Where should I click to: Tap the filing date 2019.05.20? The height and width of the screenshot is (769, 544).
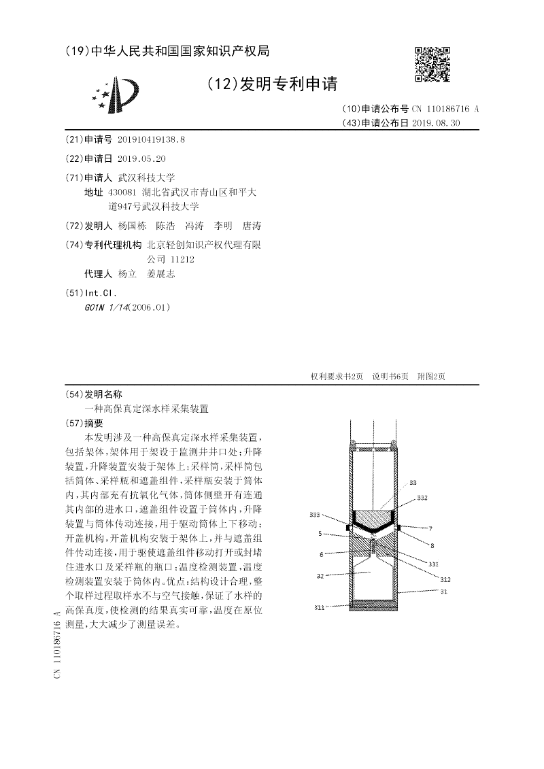click(x=141, y=158)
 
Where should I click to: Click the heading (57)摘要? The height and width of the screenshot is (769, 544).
click(x=88, y=422)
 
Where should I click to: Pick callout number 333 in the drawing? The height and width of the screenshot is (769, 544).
click(x=314, y=515)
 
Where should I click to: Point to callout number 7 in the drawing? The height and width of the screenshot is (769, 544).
click(x=430, y=528)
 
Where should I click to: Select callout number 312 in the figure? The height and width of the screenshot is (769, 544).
click(x=445, y=579)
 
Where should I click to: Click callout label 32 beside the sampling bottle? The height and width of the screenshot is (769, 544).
click(x=319, y=575)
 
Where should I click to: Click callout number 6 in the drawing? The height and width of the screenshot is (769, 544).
click(x=320, y=554)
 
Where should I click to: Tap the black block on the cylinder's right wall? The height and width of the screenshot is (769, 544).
click(x=399, y=527)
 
